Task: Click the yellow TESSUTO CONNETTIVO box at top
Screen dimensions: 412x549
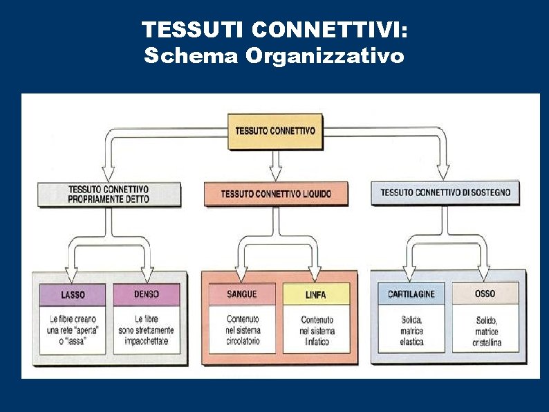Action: [274, 130]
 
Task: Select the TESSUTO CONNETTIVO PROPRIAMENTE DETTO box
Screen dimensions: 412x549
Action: [109, 194]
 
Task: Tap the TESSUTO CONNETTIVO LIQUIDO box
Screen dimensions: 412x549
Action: [276, 194]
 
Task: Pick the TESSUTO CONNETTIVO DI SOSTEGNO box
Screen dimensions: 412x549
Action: [445, 192]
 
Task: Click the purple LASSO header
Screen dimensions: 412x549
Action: [73, 295]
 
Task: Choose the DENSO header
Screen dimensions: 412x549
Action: [147, 294]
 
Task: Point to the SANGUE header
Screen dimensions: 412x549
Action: [241, 294]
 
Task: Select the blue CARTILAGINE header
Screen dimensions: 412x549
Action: [411, 294]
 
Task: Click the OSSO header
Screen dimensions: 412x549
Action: [485, 294]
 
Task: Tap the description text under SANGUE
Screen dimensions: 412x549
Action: [242, 330]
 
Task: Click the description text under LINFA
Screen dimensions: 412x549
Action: [317, 330]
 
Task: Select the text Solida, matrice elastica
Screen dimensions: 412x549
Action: [411, 331]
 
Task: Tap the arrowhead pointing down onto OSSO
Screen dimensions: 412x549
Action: [484, 273]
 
